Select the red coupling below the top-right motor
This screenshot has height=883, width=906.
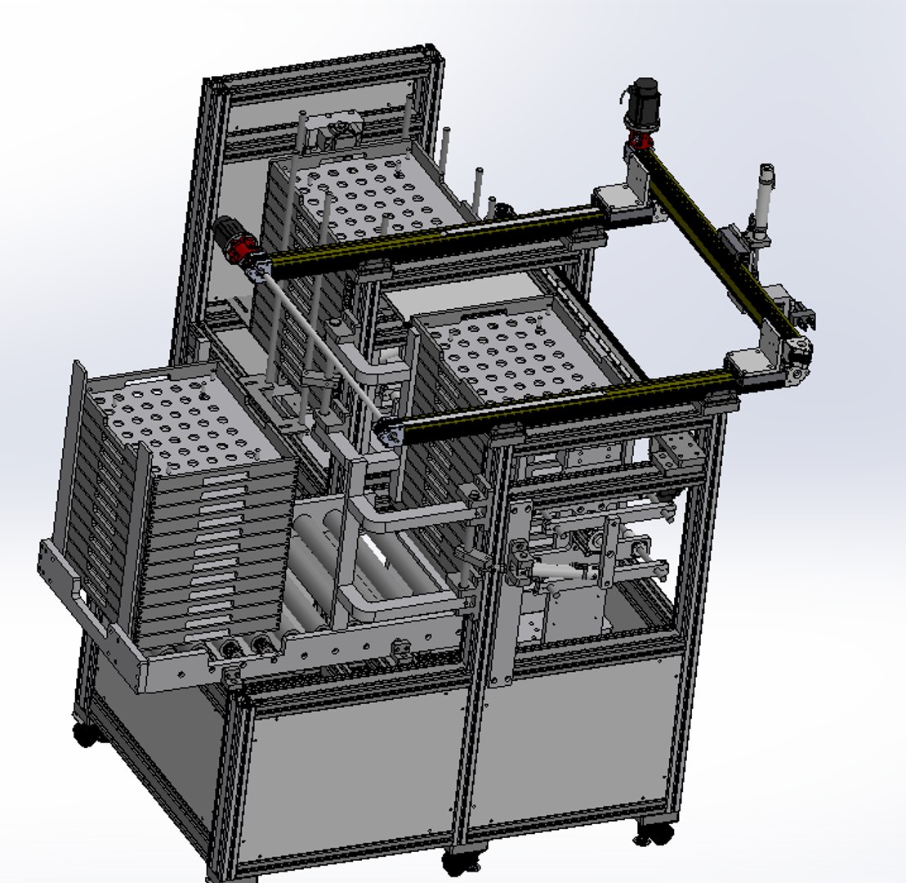pos(639,138)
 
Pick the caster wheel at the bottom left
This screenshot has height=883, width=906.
pos(85,733)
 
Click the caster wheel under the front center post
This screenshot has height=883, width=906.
pos(460,861)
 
